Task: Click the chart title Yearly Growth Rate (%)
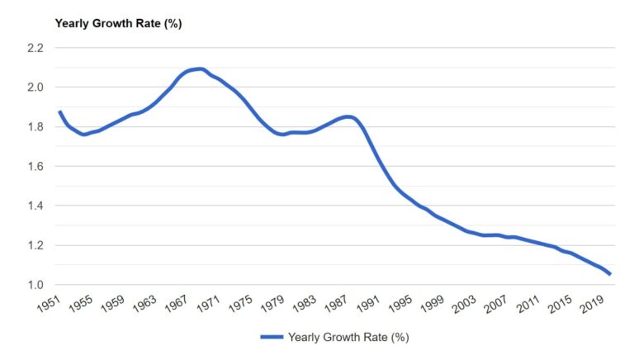click(x=118, y=23)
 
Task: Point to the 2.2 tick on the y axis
click(x=34, y=48)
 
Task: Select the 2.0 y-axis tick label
click(x=34, y=88)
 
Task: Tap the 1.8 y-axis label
click(x=34, y=127)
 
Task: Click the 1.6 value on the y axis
click(x=34, y=167)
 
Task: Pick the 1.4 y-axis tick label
click(x=34, y=206)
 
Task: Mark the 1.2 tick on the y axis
click(x=34, y=246)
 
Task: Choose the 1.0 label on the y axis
click(x=34, y=286)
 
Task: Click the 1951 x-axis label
click(x=50, y=305)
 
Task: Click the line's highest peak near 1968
click(x=198, y=69)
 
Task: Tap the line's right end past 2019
click(x=610, y=274)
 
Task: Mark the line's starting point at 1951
click(x=59, y=111)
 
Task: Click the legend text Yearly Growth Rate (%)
click(x=348, y=337)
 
